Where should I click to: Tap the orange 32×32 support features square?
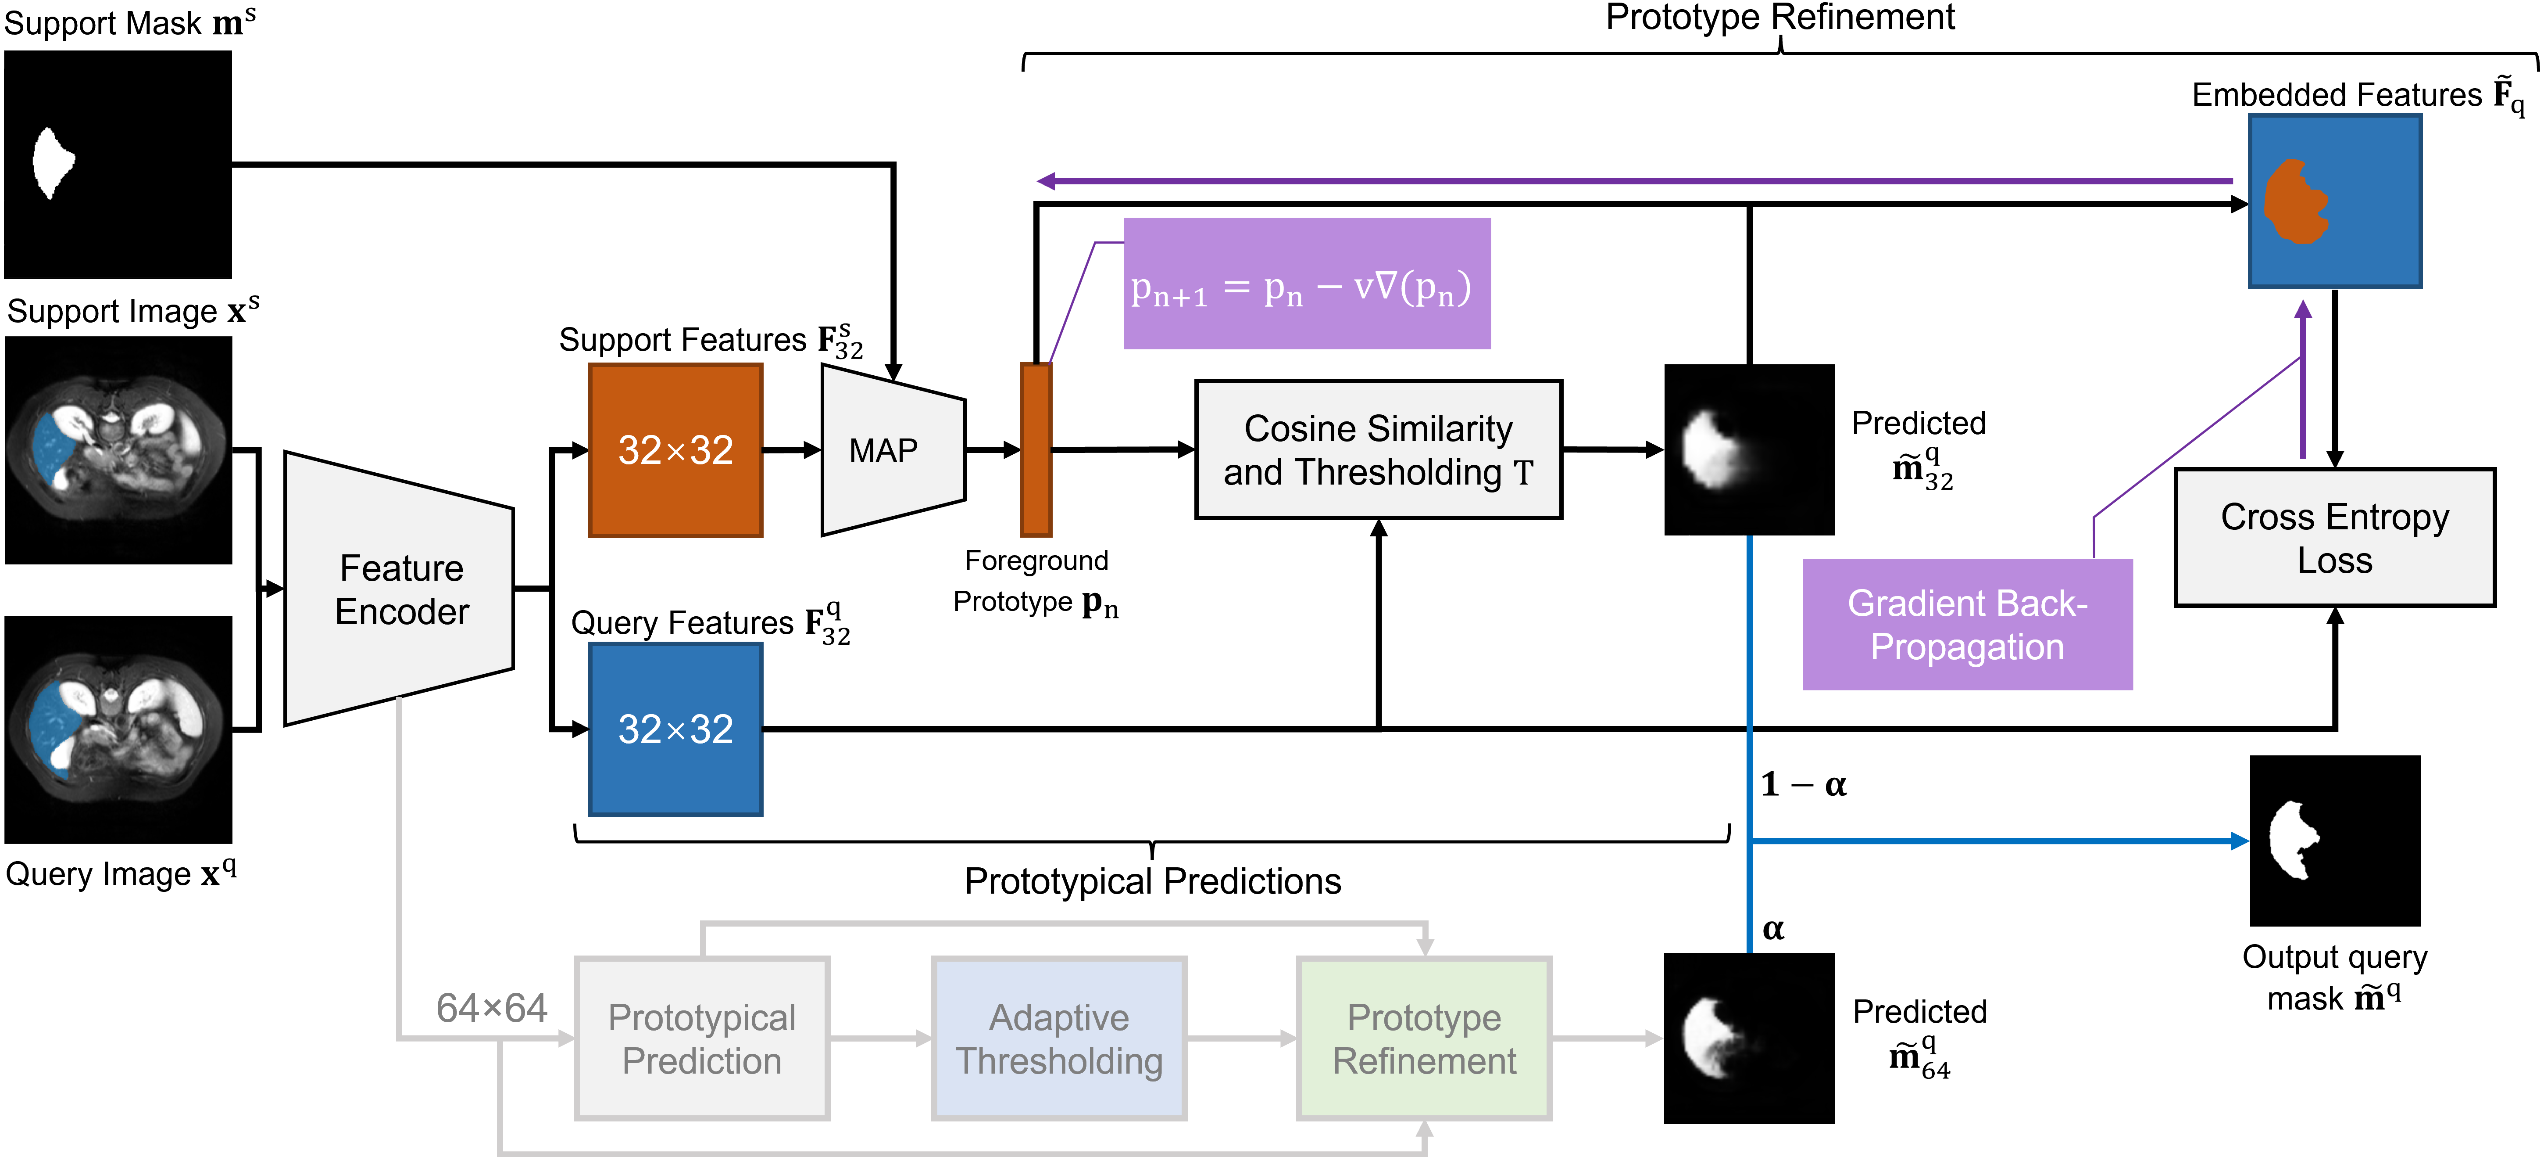click(675, 450)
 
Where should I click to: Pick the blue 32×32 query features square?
click(675, 729)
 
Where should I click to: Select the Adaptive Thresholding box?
click(1059, 1038)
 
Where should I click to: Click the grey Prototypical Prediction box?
click(701, 1038)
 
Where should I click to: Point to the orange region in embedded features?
click(2296, 202)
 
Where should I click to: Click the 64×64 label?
click(491, 1008)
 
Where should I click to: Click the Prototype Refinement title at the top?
click(1779, 18)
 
